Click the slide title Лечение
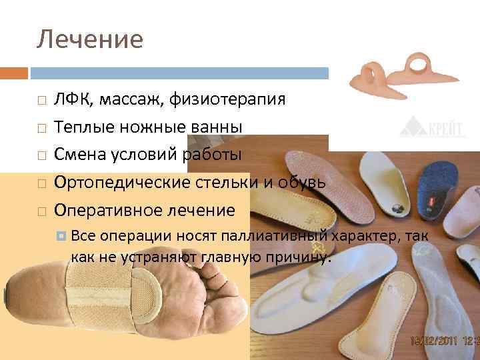click(89, 39)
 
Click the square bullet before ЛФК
click(41, 101)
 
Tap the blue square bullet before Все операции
click(61, 235)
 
